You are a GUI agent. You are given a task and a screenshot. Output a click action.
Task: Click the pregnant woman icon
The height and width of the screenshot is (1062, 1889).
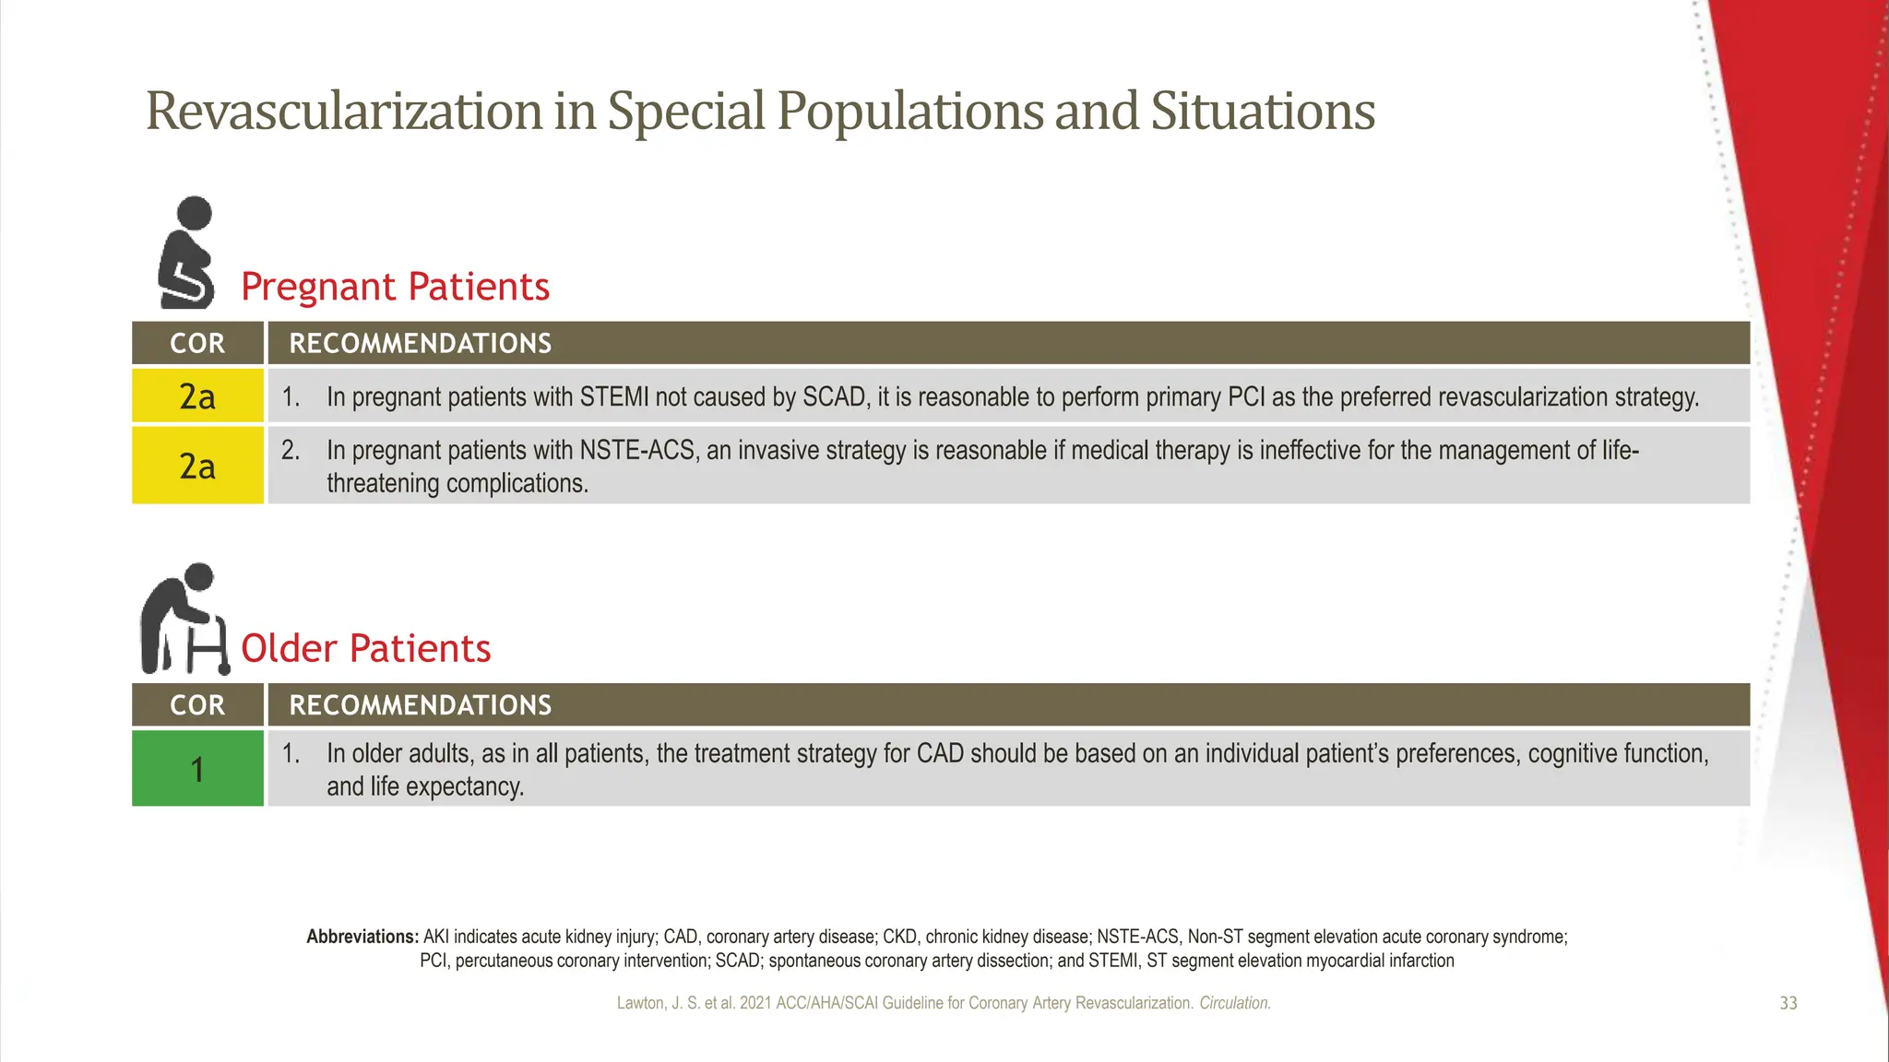(x=187, y=253)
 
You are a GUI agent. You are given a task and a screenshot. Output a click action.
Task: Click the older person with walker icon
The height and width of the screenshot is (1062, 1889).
(x=184, y=619)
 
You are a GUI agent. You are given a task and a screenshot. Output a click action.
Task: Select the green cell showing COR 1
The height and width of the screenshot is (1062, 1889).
(x=197, y=769)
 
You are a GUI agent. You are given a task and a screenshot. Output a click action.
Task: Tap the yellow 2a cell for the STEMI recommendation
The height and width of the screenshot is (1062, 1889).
(x=197, y=396)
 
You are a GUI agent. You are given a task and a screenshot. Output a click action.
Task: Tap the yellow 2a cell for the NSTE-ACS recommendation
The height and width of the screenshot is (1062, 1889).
(x=197, y=466)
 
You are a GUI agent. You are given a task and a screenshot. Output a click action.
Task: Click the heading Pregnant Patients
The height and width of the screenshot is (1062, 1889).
(x=395, y=287)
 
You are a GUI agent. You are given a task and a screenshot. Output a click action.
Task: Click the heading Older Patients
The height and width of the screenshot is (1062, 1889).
(x=365, y=649)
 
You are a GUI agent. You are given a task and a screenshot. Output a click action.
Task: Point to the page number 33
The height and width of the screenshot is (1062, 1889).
(x=1788, y=1003)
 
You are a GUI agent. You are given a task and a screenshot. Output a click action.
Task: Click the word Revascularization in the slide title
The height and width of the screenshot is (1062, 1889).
(x=344, y=111)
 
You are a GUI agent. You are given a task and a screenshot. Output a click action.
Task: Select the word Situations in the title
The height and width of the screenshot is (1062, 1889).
(x=1262, y=111)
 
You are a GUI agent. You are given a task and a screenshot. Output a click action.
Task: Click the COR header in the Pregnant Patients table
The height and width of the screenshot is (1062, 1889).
(x=197, y=343)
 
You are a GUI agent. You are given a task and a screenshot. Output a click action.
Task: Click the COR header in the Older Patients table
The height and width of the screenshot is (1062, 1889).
(x=197, y=705)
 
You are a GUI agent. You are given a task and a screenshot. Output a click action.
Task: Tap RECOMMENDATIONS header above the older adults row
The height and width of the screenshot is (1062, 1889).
(x=420, y=705)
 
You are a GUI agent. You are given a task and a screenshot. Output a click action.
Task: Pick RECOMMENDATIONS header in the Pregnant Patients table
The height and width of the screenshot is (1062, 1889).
(x=420, y=343)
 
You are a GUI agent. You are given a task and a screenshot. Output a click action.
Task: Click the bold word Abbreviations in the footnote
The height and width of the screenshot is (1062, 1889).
(x=362, y=937)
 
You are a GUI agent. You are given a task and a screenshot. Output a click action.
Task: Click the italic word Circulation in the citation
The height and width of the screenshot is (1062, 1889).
(x=1234, y=1003)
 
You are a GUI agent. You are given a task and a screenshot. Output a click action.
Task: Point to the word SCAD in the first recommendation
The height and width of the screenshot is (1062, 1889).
(x=834, y=397)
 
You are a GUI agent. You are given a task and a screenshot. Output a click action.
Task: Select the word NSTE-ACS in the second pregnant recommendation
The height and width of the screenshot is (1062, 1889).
(x=636, y=451)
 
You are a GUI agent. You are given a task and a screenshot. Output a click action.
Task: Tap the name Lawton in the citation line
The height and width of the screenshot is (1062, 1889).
(x=641, y=1003)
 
